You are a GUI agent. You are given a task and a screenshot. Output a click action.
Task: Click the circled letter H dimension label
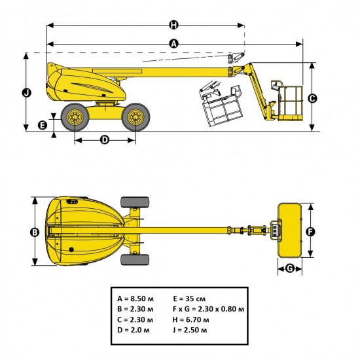click(173, 25)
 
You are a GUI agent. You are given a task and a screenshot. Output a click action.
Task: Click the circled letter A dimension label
click(173, 44)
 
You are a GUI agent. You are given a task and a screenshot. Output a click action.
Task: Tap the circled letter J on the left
click(26, 92)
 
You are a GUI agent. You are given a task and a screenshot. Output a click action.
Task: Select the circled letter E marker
click(43, 124)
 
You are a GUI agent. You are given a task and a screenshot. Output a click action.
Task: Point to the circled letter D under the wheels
click(105, 139)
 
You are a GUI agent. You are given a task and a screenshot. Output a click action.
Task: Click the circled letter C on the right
click(312, 98)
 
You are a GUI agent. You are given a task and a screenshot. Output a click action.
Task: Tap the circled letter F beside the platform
click(311, 232)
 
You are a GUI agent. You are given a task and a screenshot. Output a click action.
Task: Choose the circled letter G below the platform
click(290, 268)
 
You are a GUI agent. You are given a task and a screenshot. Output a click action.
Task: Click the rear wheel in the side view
click(75, 118)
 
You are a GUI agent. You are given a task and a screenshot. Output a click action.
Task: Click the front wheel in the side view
click(135, 118)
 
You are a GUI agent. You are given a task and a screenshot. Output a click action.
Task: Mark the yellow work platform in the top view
click(290, 230)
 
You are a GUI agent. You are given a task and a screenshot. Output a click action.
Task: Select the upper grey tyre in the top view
click(134, 202)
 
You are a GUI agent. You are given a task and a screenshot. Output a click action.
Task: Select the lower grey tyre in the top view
click(134, 260)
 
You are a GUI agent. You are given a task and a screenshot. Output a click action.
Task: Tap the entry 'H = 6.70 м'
click(191, 319)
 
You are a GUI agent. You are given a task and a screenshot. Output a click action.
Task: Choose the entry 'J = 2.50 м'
click(191, 329)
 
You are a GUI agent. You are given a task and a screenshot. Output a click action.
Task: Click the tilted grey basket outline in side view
click(223, 105)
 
